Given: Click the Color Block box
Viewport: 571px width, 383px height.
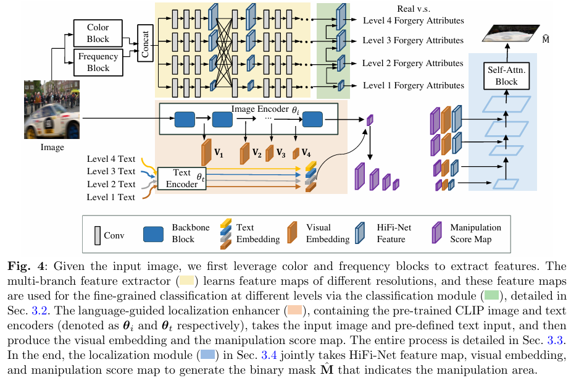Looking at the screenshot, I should [x=98, y=33].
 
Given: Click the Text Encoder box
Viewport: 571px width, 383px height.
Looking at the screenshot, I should [x=181, y=179].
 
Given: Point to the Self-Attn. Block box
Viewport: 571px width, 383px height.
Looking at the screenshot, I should [x=506, y=76].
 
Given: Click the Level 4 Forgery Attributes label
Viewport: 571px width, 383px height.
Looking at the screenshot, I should [x=412, y=21].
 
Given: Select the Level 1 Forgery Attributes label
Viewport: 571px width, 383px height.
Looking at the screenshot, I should [x=412, y=86].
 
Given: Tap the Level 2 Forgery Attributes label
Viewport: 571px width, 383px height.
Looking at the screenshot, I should [x=412, y=64].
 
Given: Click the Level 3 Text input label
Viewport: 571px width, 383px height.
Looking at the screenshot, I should [x=111, y=172].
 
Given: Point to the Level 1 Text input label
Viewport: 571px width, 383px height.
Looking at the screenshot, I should [x=111, y=198].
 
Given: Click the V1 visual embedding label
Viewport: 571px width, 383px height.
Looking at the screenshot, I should [x=219, y=151].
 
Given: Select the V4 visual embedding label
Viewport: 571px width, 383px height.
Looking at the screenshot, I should [x=307, y=152].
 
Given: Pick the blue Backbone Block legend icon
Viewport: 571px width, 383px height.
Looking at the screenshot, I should [x=153, y=234].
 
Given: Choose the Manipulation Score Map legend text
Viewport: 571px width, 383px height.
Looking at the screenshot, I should [x=475, y=234].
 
